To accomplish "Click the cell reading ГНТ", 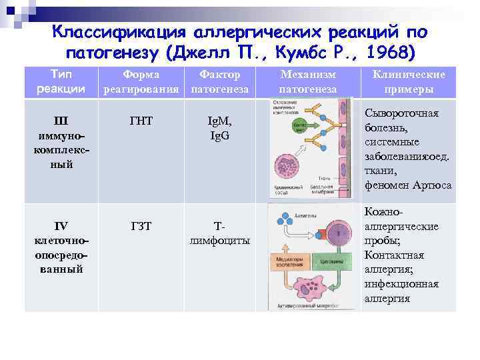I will [141, 121].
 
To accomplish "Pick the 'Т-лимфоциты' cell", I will [219, 233].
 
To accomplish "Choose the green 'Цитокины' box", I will [331, 262].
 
